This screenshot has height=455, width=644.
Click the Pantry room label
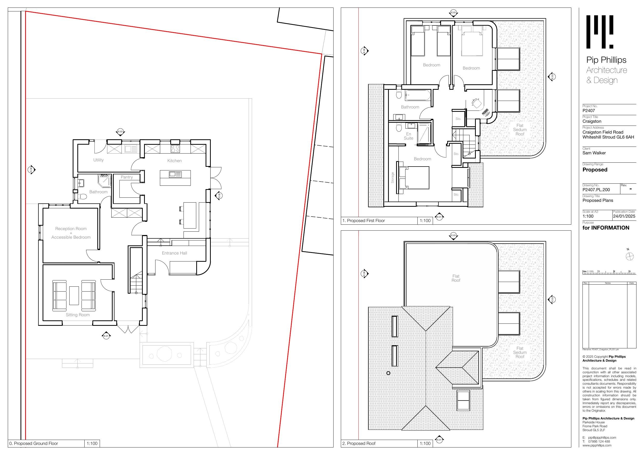(x=127, y=177)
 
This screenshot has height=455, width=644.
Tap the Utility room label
(x=98, y=160)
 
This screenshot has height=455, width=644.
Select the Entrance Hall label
(x=174, y=253)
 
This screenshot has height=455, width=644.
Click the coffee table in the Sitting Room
(x=74, y=295)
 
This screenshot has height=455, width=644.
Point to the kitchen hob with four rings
(x=175, y=149)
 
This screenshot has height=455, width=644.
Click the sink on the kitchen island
(x=175, y=174)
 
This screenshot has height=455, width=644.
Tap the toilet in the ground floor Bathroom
(x=82, y=196)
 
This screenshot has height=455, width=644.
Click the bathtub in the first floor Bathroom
(x=417, y=95)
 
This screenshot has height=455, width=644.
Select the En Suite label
(x=408, y=136)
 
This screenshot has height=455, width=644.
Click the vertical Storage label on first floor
(x=392, y=178)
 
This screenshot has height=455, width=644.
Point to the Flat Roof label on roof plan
(x=456, y=278)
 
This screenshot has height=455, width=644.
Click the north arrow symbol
(x=630, y=256)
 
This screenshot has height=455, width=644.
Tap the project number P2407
(x=588, y=111)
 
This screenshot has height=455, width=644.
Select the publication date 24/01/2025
(x=624, y=216)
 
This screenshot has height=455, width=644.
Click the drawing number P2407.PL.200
(x=596, y=190)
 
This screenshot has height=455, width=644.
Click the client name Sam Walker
(x=594, y=153)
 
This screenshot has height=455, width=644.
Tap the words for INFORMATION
(x=606, y=228)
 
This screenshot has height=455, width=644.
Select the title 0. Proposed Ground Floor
(x=34, y=444)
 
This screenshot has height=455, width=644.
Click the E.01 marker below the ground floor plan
(x=106, y=336)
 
